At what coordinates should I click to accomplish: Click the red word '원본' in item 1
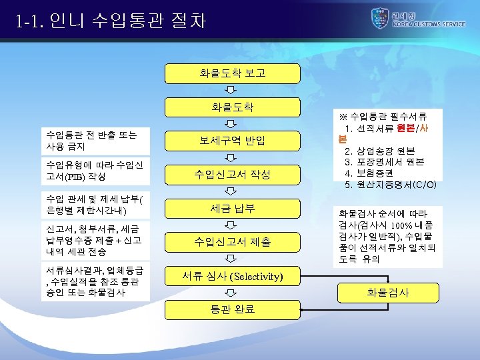pos(407,128)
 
